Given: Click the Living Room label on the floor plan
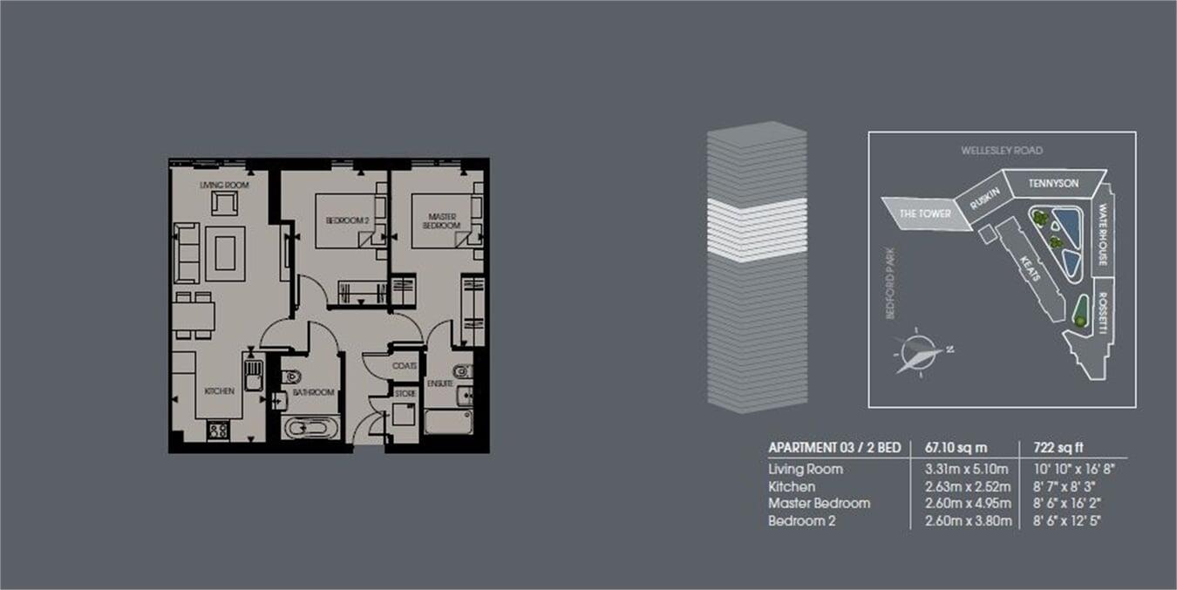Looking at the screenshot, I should point(225,186).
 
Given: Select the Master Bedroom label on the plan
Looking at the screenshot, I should point(443,220).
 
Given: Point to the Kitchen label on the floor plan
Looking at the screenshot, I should point(219,391).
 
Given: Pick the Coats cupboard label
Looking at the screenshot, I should point(404,366).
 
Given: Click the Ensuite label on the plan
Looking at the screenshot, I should point(439,383).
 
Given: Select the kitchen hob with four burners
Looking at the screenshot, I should point(218,430).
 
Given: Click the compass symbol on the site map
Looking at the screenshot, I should point(919,352).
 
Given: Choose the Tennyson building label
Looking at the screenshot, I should point(1053,184).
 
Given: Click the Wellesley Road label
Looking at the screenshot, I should point(1002,151).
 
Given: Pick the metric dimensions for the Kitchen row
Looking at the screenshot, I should point(967,486).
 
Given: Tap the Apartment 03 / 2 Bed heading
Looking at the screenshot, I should point(833,448).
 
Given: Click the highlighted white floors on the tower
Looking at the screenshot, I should point(756,230).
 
